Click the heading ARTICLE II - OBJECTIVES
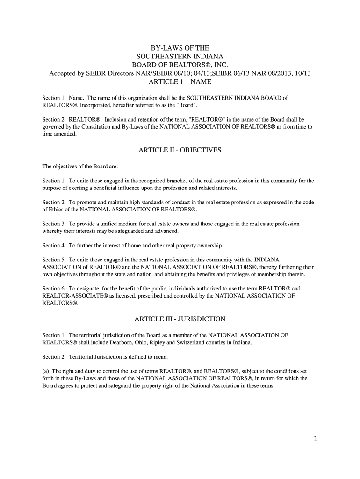[x=180, y=150]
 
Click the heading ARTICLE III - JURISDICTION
[x=180, y=319]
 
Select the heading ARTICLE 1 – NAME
[x=180, y=82]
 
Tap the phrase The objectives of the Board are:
[x=77, y=166]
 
